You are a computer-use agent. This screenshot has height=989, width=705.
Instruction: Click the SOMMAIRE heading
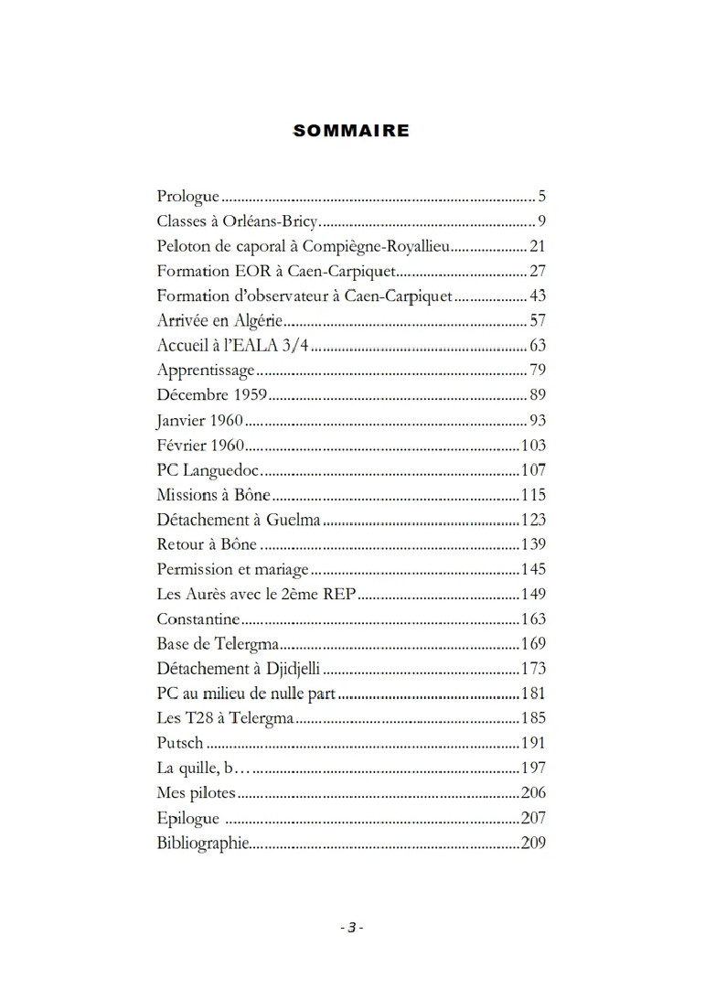[x=351, y=131]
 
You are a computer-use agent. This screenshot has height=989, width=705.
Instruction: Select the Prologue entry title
[x=188, y=197]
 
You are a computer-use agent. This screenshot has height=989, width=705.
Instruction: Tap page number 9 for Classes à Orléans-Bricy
[x=541, y=221]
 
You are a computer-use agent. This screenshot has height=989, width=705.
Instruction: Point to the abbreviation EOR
[x=253, y=271]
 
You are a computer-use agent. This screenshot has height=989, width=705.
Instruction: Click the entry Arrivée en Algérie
[x=219, y=320]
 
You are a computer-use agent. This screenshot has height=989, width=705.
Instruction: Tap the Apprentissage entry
[x=206, y=371]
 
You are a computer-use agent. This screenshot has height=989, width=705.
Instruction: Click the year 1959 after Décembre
[x=250, y=395]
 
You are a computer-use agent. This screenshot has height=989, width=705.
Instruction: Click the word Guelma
[x=293, y=520]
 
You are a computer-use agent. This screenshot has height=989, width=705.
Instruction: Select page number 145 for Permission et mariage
[x=533, y=569]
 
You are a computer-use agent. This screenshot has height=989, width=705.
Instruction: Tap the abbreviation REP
[x=338, y=594]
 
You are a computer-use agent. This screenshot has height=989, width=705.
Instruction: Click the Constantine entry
[x=198, y=619]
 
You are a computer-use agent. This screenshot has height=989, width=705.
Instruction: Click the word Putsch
[x=180, y=743]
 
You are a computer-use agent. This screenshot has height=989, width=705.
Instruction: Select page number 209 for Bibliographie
[x=533, y=843]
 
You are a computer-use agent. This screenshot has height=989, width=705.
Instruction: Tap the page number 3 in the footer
[x=351, y=927]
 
